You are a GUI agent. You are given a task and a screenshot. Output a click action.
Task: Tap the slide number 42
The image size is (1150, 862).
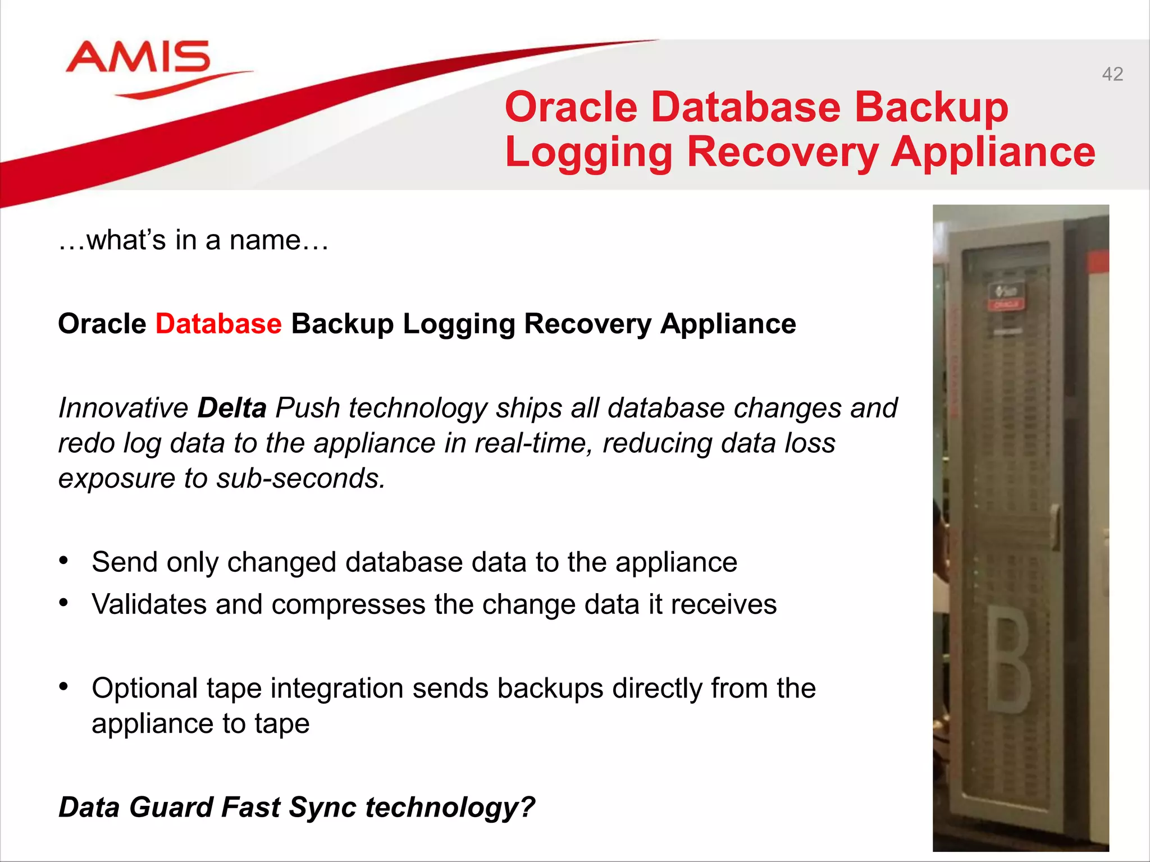click(x=1112, y=74)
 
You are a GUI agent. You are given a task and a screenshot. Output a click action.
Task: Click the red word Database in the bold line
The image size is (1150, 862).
click(x=218, y=324)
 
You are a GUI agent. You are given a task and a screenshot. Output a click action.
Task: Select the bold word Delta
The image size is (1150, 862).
click(x=232, y=408)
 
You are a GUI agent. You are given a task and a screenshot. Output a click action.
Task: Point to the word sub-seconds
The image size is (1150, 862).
click(x=301, y=479)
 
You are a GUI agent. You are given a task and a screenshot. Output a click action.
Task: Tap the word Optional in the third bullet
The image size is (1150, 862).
click(x=144, y=689)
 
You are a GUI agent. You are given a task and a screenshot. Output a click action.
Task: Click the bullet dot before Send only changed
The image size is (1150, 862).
click(x=64, y=561)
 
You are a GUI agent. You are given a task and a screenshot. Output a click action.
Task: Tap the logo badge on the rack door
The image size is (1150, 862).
click(x=1007, y=295)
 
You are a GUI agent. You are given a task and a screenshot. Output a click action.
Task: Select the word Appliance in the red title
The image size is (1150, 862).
click(x=993, y=152)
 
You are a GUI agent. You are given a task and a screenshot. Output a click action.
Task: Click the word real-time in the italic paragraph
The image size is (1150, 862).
click(x=533, y=443)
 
